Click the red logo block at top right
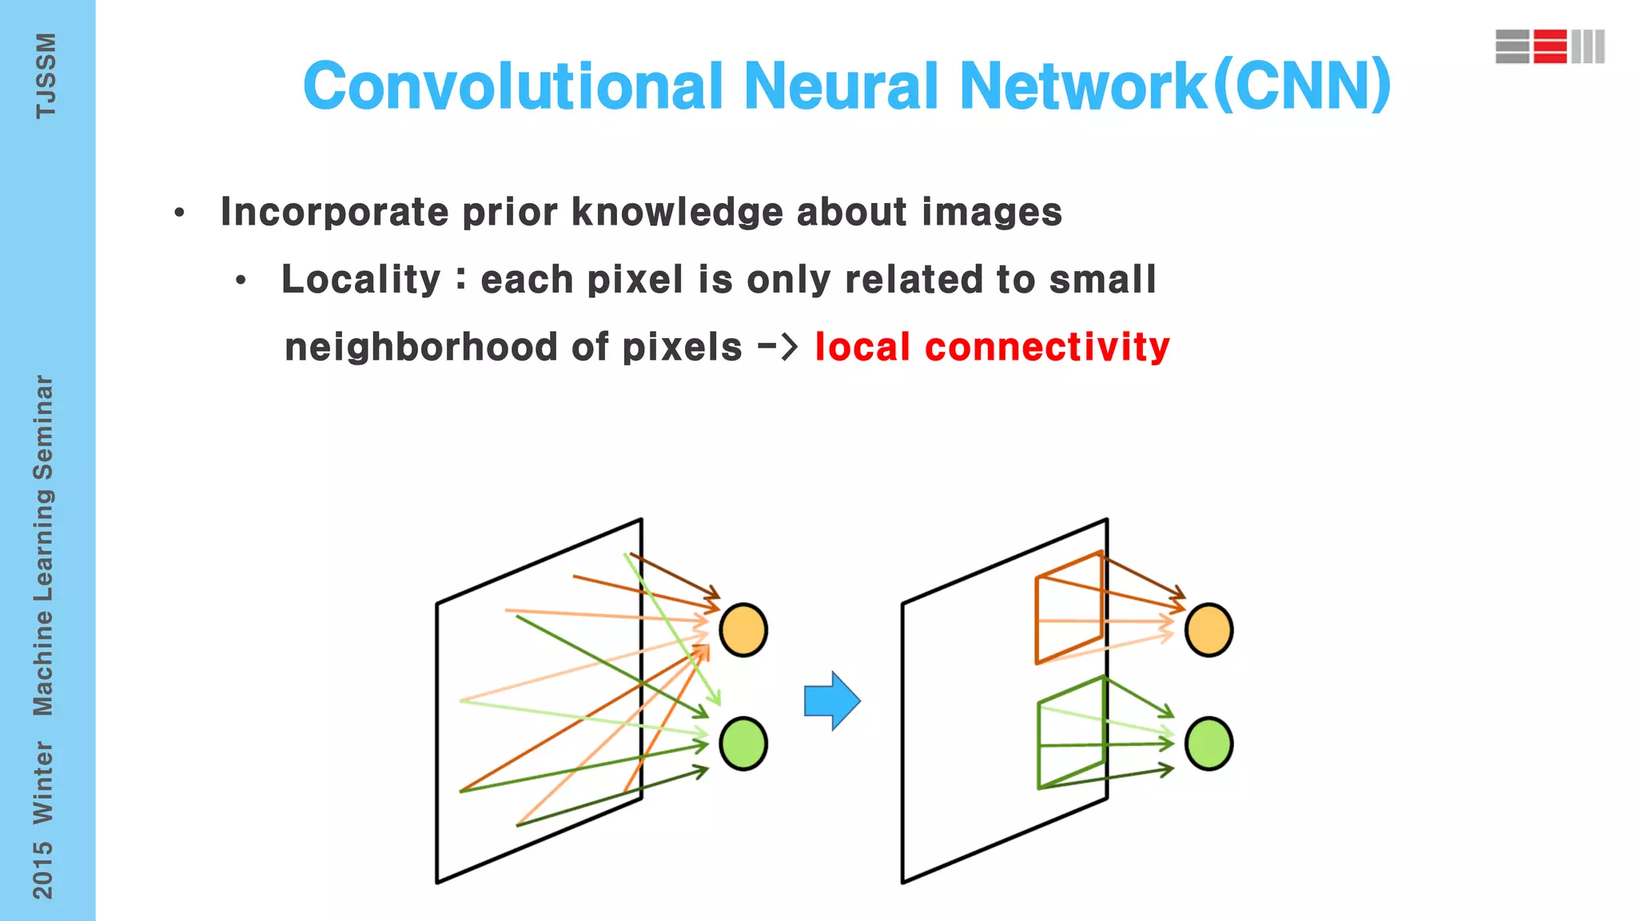point(1550,46)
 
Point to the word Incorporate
point(334,212)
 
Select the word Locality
point(360,280)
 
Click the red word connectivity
point(1047,347)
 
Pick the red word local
point(862,347)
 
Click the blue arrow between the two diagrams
point(832,700)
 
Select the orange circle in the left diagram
point(743,630)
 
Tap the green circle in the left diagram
point(743,744)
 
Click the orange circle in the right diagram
point(1209,630)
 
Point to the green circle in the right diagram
point(1209,744)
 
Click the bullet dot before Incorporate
point(179,213)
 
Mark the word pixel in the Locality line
point(635,280)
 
